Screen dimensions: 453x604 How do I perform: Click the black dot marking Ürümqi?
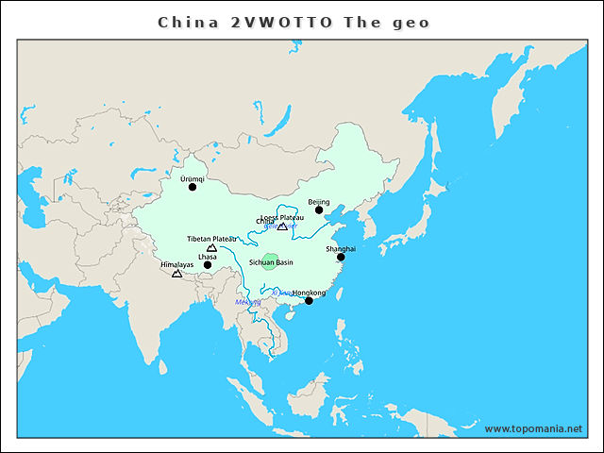tap(193, 187)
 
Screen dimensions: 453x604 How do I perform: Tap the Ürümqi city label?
tap(192, 177)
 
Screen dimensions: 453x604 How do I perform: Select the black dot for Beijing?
tap(319, 210)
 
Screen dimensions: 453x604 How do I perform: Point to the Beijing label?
tap(319, 202)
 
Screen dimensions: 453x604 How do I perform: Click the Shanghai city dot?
tap(341, 257)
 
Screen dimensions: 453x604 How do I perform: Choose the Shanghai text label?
tap(341, 248)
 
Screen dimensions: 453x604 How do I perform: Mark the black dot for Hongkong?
tap(309, 301)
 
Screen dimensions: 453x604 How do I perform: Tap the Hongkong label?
tap(310, 293)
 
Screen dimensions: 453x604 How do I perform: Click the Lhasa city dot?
tap(208, 265)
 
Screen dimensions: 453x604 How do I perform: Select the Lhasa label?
tap(208, 257)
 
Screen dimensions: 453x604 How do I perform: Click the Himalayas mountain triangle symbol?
tap(176, 273)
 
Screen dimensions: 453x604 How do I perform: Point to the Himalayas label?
tap(176, 264)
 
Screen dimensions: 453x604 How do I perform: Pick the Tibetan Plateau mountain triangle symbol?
tap(211, 248)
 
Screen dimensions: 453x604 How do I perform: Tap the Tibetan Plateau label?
tap(211, 239)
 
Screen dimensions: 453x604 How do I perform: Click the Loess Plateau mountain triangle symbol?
tap(282, 226)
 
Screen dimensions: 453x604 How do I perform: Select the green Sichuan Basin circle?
tap(271, 261)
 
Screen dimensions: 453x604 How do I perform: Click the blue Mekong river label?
tap(247, 302)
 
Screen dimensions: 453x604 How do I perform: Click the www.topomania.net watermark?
tap(533, 428)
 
